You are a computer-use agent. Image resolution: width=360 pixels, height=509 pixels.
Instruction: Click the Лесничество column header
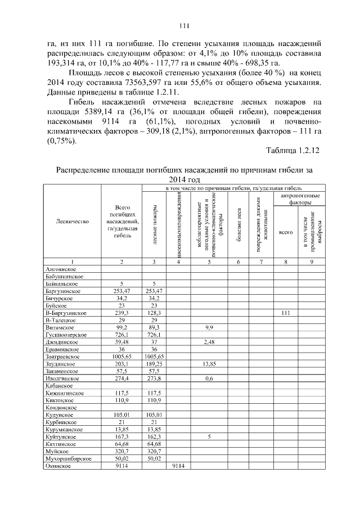73,222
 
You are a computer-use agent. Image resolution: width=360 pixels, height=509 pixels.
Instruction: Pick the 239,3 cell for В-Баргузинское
121,313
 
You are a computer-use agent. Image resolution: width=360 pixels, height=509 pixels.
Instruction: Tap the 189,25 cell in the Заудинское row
153,363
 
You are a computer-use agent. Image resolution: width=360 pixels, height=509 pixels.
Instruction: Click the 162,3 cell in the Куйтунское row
153,436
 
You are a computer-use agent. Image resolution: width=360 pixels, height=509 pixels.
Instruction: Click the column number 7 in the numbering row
260,262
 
